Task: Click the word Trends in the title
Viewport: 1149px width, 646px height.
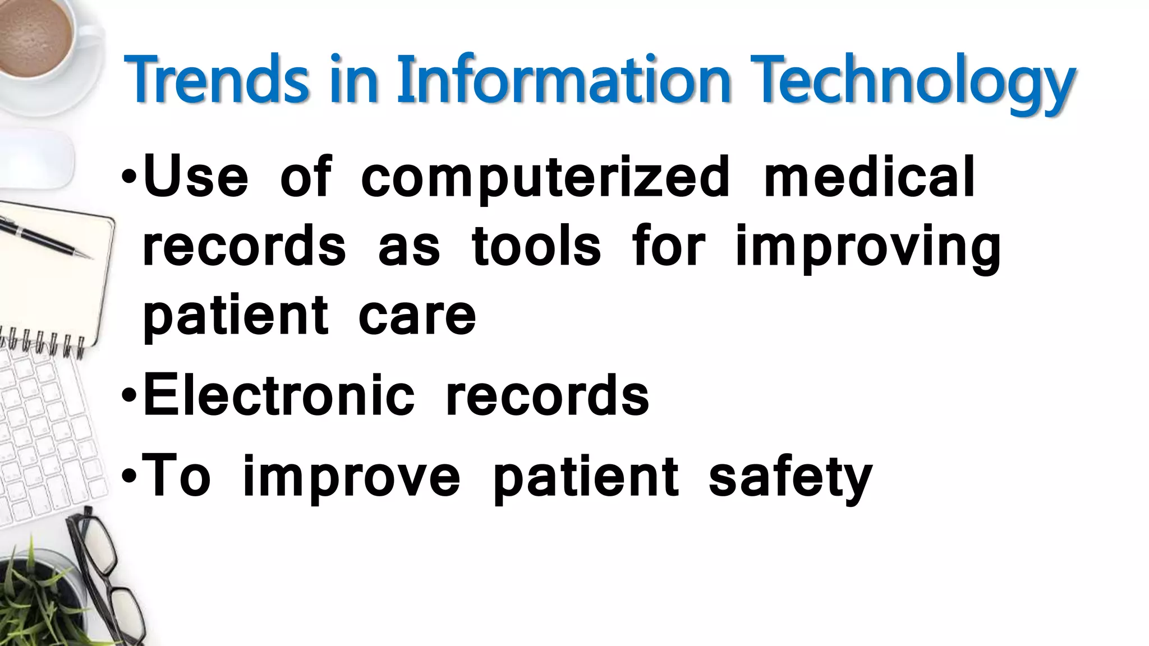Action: pos(217,80)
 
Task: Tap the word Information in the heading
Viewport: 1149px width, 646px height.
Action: pos(563,80)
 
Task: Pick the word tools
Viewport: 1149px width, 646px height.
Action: pos(536,247)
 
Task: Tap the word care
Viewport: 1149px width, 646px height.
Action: pos(417,315)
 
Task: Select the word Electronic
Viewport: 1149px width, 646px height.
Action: pos(279,396)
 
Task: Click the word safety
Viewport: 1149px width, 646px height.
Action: pos(790,478)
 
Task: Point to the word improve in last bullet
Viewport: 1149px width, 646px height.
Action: pos(351,478)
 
